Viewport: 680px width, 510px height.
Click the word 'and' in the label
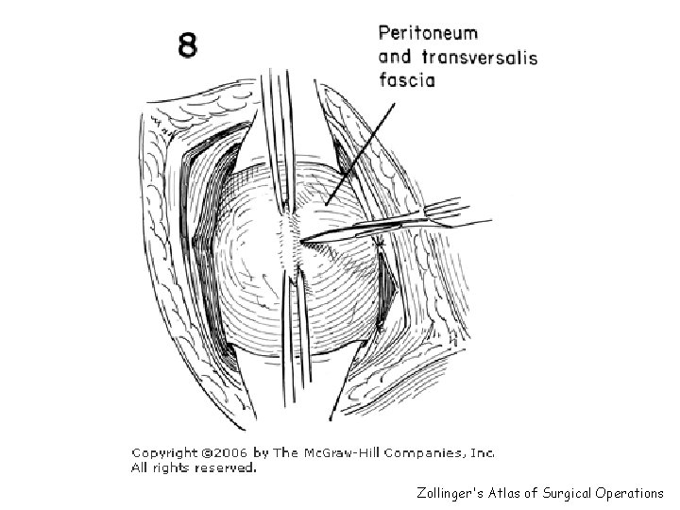pos(397,58)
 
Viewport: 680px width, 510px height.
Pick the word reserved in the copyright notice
pos(225,467)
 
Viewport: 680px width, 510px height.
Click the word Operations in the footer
pos(632,493)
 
